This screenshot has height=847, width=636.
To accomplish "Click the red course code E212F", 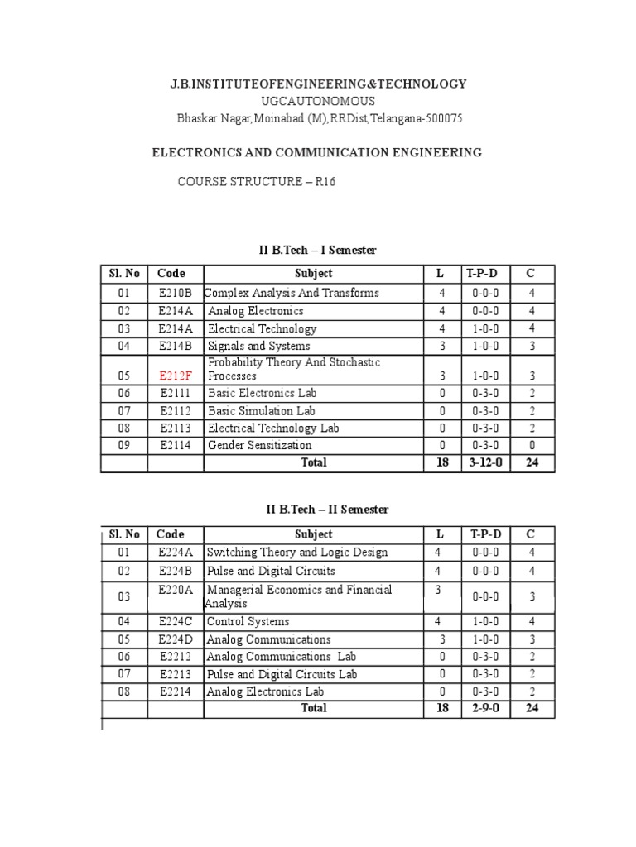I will (x=176, y=376).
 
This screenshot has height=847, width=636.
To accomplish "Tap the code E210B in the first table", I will (x=176, y=293).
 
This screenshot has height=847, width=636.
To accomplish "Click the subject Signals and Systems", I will (x=259, y=346).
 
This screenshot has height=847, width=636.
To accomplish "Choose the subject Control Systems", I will (x=248, y=621).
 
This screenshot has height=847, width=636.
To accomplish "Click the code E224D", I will (x=176, y=639).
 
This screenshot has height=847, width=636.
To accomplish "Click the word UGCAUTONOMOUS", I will (x=318, y=101).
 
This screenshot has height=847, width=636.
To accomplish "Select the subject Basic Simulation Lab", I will (x=262, y=410).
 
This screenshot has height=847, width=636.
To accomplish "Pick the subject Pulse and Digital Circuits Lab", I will (x=282, y=674).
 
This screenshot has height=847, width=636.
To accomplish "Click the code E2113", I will (x=176, y=428).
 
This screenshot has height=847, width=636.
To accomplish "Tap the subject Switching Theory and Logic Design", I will (x=296, y=553).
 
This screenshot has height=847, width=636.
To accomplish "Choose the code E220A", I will (x=176, y=590).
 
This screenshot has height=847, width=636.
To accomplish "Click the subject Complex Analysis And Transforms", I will (x=291, y=293).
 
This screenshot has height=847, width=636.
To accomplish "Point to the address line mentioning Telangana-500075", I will (x=320, y=118).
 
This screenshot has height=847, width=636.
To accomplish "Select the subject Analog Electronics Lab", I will (x=265, y=691).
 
